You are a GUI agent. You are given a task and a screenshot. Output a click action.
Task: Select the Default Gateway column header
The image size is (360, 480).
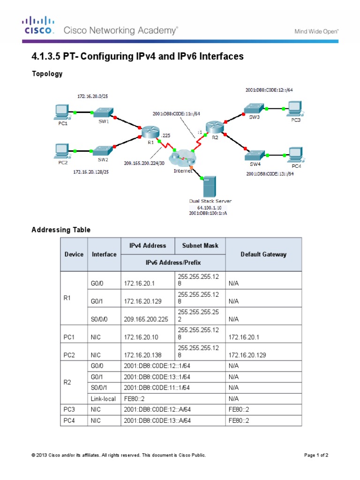click(263, 254)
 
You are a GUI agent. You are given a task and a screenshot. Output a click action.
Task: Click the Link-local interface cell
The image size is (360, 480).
click(104, 398)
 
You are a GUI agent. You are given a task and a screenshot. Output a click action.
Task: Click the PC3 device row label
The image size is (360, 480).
click(69, 409)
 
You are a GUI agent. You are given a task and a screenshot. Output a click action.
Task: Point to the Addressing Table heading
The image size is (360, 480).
click(61, 230)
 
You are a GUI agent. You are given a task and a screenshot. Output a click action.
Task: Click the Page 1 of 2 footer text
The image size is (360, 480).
click(319, 455)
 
